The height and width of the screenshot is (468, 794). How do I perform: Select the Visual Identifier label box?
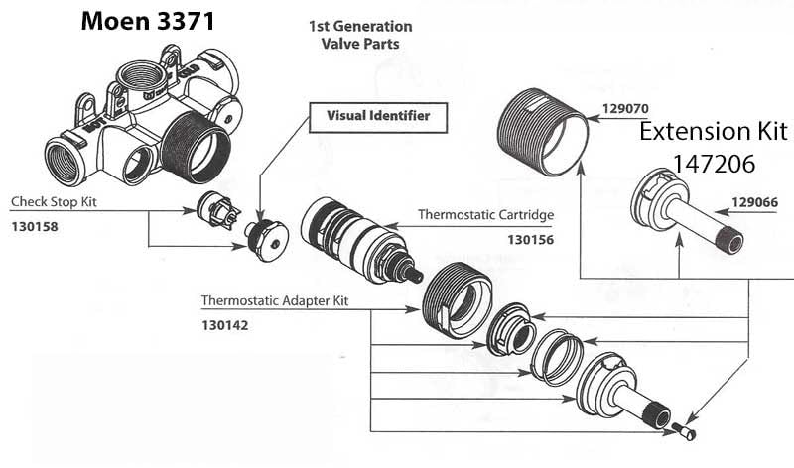coord(378,116)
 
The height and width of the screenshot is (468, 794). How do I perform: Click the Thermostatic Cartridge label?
coord(485,214)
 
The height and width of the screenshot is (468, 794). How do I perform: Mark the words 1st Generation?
coord(360,26)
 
